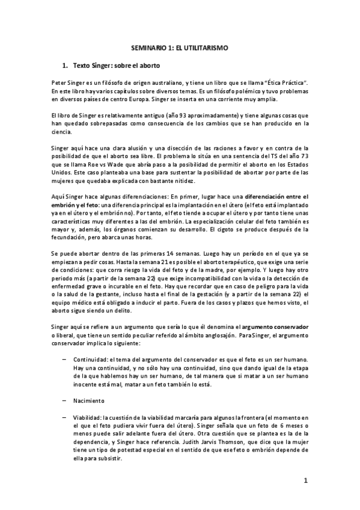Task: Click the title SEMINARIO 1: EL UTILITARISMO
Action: tap(180, 46)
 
